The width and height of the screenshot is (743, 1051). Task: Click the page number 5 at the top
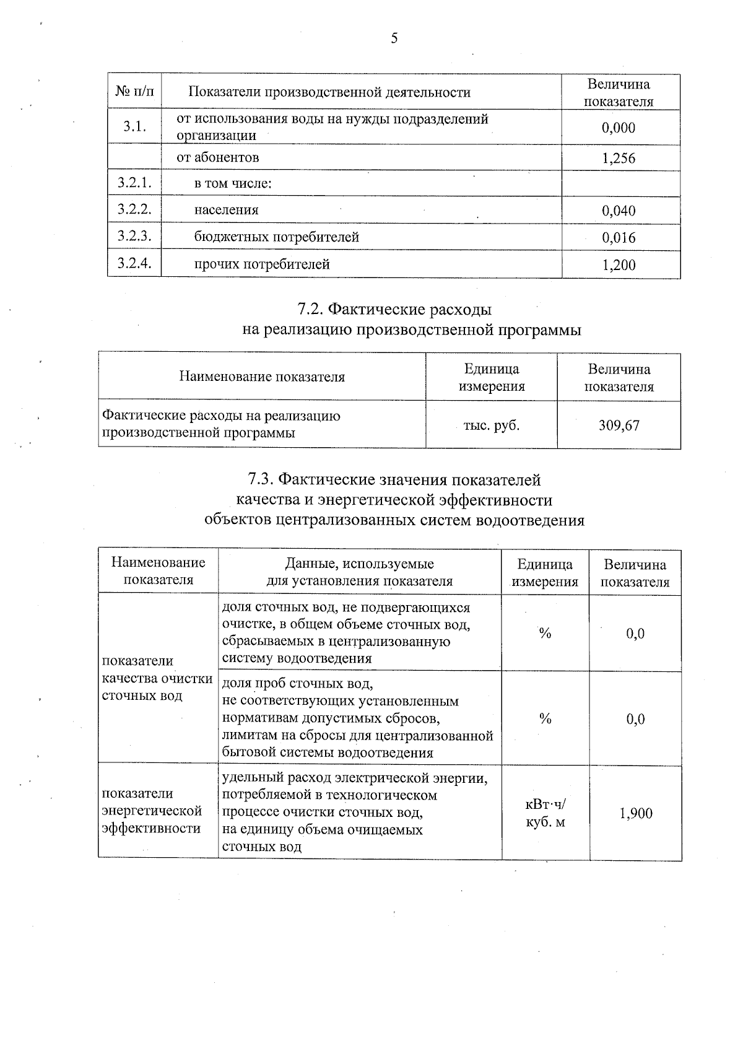[x=394, y=39]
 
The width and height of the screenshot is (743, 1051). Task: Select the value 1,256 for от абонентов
[x=619, y=159]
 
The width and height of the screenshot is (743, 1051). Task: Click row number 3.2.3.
[x=134, y=237]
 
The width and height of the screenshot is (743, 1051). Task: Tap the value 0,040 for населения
[x=619, y=211]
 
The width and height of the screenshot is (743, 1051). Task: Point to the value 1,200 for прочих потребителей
[x=619, y=266]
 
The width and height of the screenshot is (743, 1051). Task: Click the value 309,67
[x=619, y=425]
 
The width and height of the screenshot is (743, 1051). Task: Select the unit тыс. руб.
[x=491, y=425]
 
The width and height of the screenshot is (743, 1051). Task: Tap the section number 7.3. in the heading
[x=261, y=480]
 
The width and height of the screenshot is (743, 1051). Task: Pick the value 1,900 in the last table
[x=636, y=814]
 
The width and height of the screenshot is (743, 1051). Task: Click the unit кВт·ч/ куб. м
[x=545, y=813]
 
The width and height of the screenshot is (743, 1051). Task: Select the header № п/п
[x=134, y=92]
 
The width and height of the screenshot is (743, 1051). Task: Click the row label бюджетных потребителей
[x=276, y=237]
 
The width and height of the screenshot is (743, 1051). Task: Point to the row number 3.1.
[x=134, y=127]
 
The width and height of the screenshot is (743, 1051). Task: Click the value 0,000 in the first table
[x=619, y=128]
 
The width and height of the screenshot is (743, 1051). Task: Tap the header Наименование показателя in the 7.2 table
[x=262, y=377]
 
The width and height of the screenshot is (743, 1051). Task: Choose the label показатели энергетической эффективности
[x=152, y=811]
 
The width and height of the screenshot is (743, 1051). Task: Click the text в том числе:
[x=233, y=184]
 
